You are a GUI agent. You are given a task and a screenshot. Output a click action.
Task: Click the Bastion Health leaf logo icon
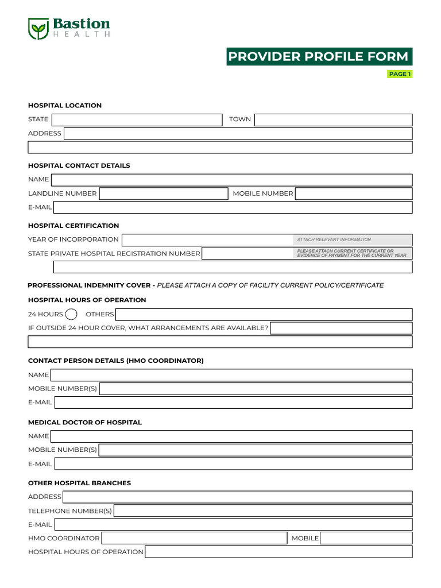38,28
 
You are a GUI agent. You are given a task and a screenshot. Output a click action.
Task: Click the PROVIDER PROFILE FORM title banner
319,57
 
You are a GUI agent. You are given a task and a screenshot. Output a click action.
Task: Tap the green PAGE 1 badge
400,74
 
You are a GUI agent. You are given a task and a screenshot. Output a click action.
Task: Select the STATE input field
137,119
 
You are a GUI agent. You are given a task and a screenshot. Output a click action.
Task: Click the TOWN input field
333,119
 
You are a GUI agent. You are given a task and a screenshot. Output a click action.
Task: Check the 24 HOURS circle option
72,314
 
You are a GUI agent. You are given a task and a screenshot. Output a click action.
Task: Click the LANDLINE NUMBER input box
164,194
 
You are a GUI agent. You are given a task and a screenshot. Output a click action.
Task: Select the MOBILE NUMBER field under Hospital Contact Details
353,194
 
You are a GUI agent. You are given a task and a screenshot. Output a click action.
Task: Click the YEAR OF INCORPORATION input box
207,240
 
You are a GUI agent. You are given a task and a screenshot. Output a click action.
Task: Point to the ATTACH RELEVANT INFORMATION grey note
353,240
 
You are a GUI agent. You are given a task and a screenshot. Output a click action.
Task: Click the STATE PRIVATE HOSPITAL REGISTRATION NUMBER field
247,253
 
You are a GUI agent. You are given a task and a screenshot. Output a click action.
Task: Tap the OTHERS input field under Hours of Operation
264,314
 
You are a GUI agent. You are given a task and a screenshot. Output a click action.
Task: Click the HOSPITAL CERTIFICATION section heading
73,226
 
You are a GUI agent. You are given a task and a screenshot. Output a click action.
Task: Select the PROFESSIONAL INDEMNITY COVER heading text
89,285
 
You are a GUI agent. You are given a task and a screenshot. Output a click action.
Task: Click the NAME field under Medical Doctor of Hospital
231,436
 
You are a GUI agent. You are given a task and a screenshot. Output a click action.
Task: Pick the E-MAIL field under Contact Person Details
233,403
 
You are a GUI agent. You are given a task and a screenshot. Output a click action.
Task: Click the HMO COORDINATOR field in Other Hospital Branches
194,538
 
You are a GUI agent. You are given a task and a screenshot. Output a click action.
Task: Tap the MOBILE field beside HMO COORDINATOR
366,538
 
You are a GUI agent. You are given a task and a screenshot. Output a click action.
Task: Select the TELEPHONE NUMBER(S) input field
263,510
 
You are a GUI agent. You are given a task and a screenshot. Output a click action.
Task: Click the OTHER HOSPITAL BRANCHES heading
79,483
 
